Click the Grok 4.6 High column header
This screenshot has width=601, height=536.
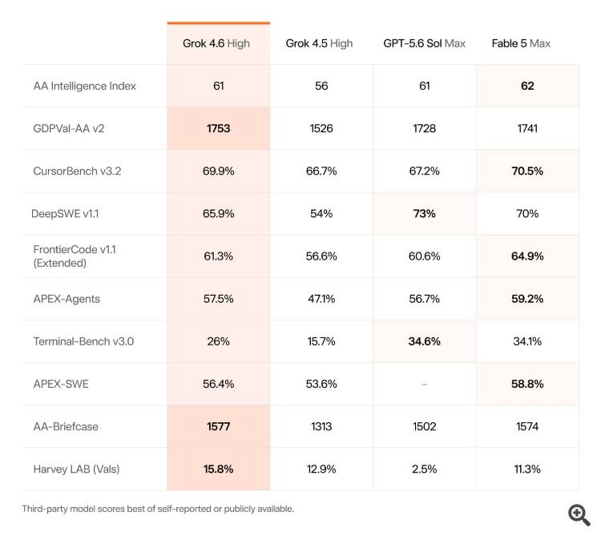pos(216,44)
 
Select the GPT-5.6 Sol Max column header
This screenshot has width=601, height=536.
pos(424,43)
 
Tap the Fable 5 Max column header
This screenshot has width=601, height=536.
pos(521,43)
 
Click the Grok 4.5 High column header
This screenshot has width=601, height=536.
pos(319,44)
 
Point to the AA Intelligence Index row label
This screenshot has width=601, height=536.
pos(85,86)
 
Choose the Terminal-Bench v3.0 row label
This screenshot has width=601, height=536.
pos(83,341)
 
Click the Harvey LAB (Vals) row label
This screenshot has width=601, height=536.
pos(76,469)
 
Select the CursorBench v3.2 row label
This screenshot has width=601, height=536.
pos(77,171)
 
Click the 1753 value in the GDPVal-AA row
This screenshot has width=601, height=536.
pos(219,128)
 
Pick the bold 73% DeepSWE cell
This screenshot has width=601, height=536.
pos(424,213)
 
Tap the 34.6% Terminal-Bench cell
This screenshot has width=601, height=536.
pos(424,341)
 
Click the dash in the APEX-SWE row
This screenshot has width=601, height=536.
pos(424,384)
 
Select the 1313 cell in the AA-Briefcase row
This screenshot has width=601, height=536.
pos(321,426)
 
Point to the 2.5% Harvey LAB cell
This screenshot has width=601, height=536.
pos(424,469)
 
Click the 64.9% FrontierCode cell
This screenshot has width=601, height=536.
pos(527,256)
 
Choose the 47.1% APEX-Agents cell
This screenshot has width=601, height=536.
pos(321,299)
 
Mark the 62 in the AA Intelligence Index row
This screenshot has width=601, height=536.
pos(527,86)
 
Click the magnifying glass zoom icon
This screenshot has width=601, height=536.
pos(579,514)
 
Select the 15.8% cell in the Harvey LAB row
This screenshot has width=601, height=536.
pos(219,469)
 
